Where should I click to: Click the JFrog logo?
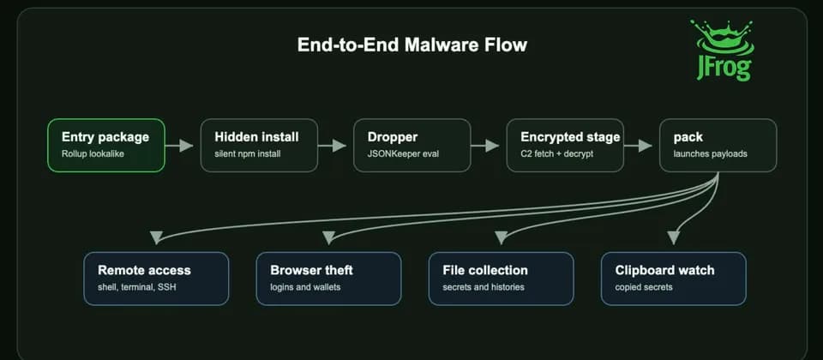pos(722,50)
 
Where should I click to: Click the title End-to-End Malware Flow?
pos(412,45)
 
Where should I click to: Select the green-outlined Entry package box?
pos(106,146)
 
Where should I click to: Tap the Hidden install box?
pos(259,146)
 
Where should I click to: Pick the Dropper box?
pos(412,146)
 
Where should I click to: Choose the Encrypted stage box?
pos(565,146)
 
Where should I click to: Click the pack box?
pos(718,146)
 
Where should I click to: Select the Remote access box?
pos(156,279)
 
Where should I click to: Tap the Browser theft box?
pos(328,279)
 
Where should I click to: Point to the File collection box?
pos(502,279)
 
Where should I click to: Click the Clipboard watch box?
pos(674,279)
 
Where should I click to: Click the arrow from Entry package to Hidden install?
pos(179,146)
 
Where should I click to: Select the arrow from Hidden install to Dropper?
pos(333,146)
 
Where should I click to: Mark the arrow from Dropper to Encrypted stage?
pos(485,146)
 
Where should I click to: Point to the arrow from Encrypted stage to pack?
pos(638,146)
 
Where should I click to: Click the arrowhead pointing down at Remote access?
pos(156,237)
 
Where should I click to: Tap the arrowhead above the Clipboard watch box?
pos(674,237)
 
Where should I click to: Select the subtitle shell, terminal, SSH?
pos(134,287)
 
